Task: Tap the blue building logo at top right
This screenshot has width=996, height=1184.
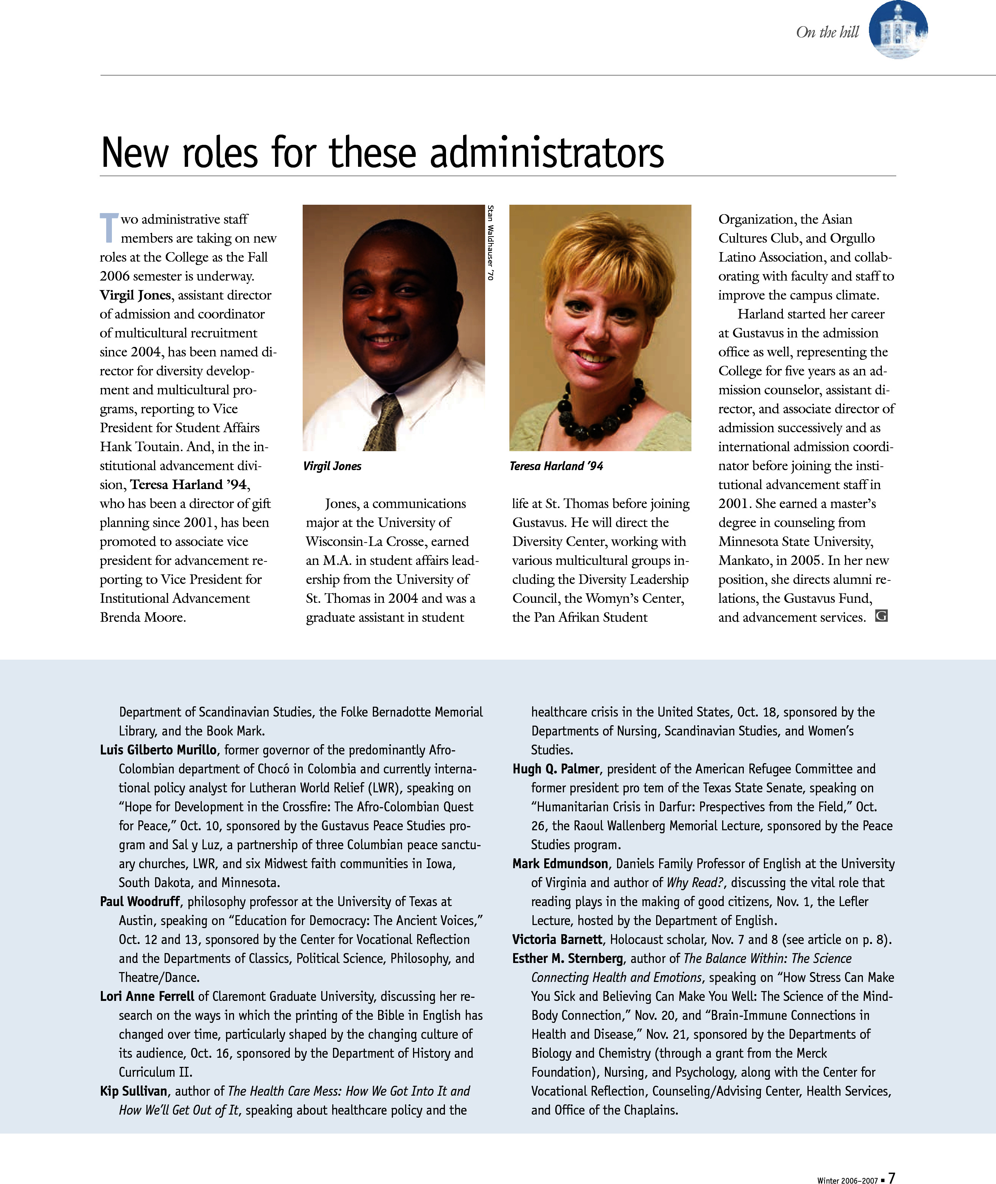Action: (x=898, y=30)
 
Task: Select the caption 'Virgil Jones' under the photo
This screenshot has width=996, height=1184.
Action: (x=332, y=466)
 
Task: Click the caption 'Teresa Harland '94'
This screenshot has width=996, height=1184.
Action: (x=556, y=466)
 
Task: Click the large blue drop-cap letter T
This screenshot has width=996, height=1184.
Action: (x=109, y=227)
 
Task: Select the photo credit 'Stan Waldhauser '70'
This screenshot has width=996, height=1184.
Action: (x=490, y=243)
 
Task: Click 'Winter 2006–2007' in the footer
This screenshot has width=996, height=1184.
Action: (x=847, y=1179)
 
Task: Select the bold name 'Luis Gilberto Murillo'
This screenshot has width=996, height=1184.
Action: (x=158, y=750)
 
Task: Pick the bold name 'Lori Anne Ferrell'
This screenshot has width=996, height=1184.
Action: (x=147, y=997)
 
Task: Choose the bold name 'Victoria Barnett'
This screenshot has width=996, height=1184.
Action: (x=557, y=939)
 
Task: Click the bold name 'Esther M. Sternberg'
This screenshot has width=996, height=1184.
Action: (x=567, y=959)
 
